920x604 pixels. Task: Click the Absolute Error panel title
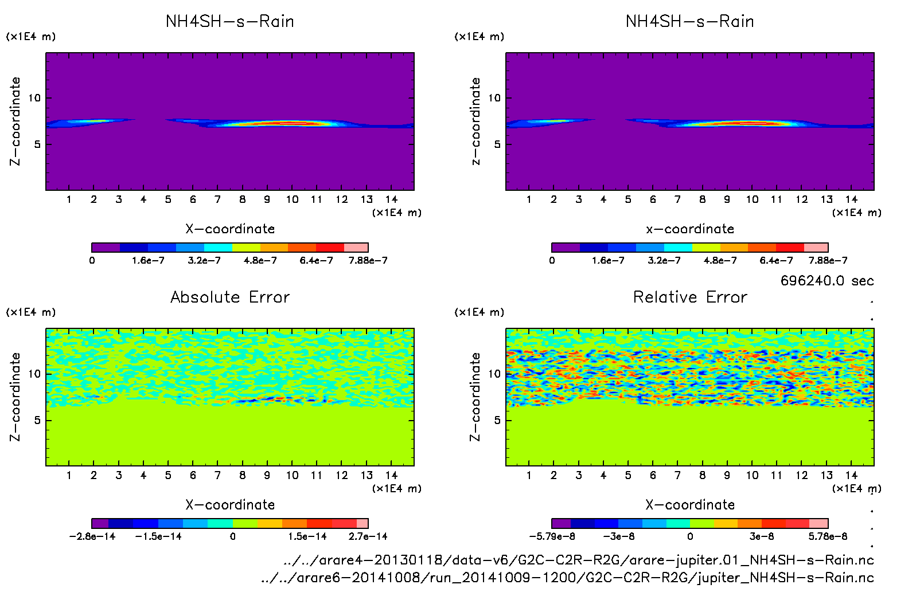(230, 297)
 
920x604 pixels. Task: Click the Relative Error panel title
(690, 297)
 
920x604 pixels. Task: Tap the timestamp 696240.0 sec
(827, 281)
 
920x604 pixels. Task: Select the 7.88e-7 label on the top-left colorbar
(368, 260)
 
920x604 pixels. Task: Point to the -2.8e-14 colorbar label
(92, 536)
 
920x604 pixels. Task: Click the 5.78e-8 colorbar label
(828, 536)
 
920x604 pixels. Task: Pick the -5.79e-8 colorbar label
(552, 536)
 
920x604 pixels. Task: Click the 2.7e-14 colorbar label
(368, 536)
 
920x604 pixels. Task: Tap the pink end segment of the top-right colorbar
(816, 248)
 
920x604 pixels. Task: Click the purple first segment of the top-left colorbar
(106, 248)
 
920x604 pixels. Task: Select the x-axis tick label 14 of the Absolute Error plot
(391, 475)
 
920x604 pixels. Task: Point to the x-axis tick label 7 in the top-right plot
(677, 199)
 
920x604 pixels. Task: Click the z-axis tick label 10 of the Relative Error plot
(494, 374)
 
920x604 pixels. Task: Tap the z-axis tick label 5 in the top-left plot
(37, 144)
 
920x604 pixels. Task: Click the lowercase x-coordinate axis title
(690, 229)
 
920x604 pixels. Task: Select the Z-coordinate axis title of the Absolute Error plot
(15, 397)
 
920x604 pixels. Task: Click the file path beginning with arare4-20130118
(578, 560)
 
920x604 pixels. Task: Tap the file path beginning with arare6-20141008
(567, 577)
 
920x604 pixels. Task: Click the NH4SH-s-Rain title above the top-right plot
(690, 21)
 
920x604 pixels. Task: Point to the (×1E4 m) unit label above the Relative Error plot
(479, 312)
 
